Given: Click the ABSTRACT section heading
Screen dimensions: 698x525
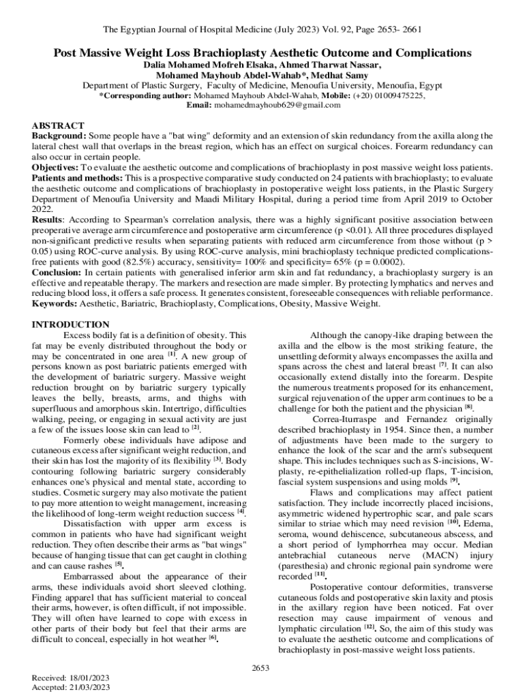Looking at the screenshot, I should [x=59, y=126].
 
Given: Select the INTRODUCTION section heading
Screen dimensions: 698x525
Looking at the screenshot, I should [x=71, y=324].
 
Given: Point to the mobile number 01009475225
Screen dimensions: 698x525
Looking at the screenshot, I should [x=397, y=96].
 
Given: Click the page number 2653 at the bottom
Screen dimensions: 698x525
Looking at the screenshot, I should [x=262, y=667].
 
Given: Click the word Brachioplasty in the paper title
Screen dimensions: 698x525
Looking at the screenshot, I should [x=222, y=52].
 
